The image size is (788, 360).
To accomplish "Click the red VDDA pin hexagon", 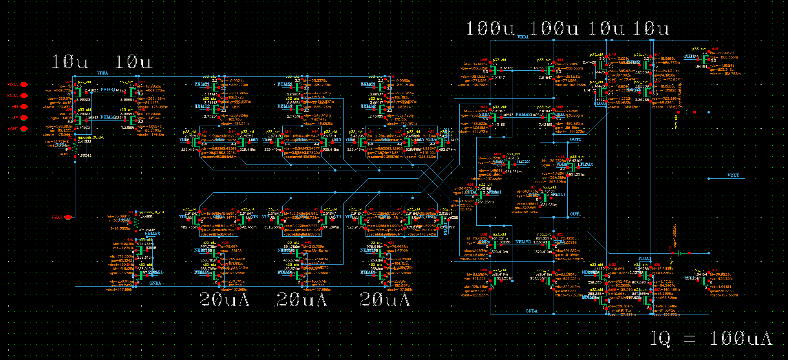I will (24, 84).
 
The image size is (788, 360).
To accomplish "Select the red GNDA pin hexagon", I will (24, 95).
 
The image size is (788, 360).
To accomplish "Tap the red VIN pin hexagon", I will (24, 106).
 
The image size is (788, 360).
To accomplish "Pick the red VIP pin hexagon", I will (24, 117).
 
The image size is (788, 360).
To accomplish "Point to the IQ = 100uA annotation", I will (711, 338).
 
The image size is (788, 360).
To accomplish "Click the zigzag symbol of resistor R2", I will (75, 148).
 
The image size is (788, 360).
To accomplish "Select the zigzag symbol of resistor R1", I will (136, 222).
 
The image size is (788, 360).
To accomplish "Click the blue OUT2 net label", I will (575, 139).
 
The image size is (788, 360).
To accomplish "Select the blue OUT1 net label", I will (575, 214).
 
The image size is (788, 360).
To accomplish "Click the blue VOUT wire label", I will (733, 175).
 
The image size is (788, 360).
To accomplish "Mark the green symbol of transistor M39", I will (705, 281).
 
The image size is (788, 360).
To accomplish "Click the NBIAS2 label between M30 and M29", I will (523, 242).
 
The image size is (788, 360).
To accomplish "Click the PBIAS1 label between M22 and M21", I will (107, 90).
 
